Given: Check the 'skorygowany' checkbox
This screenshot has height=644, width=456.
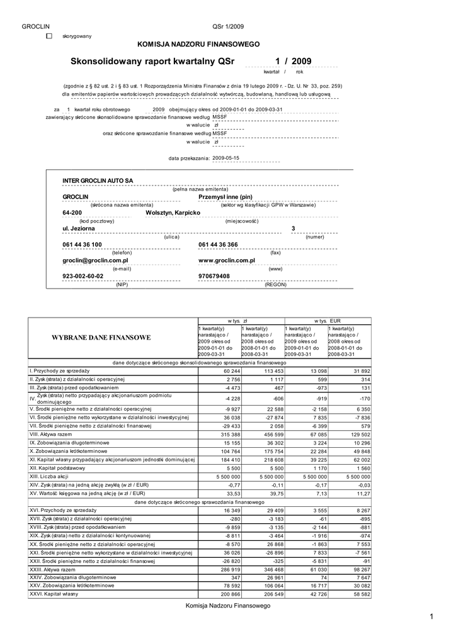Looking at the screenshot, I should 50,36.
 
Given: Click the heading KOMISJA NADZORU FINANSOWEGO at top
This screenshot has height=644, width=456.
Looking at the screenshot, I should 198,45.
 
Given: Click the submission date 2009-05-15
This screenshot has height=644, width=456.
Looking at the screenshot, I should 225,158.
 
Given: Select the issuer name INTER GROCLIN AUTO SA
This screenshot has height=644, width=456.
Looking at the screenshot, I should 98,181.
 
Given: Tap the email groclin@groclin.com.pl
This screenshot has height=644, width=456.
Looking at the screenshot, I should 95,260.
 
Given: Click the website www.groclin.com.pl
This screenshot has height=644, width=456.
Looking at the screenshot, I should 226,260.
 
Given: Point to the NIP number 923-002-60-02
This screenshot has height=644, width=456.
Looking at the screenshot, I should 83,276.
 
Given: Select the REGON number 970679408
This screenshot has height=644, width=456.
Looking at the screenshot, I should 214,276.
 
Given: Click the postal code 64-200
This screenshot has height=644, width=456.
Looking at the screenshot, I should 72,213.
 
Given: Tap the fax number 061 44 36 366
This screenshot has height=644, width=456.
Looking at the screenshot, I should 218,244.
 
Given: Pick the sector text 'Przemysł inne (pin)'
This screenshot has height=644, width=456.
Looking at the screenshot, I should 225,197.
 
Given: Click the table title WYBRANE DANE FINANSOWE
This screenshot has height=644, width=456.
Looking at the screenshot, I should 101,338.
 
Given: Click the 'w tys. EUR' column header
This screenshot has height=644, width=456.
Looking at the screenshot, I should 328,321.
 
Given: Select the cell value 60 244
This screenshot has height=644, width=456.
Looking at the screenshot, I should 229,370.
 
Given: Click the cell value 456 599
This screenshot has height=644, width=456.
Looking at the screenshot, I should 271,434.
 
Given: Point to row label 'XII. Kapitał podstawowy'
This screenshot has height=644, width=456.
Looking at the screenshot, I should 58,469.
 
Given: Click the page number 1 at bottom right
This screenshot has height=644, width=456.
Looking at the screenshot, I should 432,617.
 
